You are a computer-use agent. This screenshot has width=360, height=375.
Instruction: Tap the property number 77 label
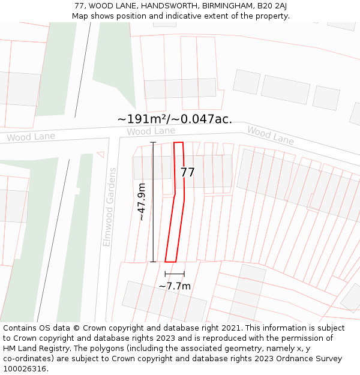(x=188, y=173)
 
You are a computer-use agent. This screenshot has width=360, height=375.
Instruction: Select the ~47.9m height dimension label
(x=142, y=202)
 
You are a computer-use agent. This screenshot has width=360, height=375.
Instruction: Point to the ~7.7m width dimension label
(x=175, y=286)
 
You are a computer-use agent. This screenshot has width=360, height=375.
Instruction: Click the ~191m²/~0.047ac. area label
(x=175, y=119)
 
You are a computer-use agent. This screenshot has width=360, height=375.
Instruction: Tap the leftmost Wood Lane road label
(x=31, y=137)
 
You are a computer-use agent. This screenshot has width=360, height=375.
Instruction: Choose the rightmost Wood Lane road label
(x=271, y=136)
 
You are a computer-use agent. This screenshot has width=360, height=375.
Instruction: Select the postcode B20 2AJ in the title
(x=272, y=6)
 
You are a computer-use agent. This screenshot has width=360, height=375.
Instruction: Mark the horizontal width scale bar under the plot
(x=175, y=274)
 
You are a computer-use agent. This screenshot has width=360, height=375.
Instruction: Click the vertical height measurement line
(x=153, y=202)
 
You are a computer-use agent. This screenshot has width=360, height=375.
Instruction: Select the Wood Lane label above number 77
(x=151, y=131)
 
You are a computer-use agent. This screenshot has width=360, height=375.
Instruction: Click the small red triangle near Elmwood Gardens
(x=101, y=154)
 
